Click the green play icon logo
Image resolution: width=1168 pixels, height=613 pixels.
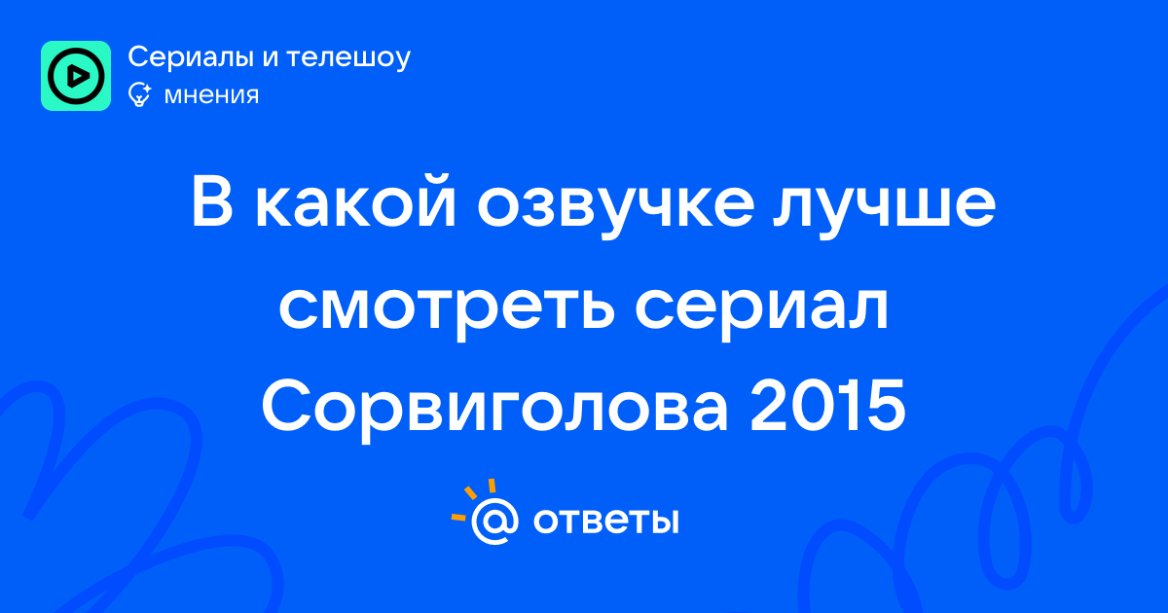(76, 76)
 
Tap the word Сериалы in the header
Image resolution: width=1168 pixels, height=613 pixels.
(192, 57)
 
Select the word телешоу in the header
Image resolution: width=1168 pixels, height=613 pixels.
(348, 58)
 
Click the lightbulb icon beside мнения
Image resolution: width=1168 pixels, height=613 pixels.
(139, 94)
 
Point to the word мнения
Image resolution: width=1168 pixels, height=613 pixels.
(211, 95)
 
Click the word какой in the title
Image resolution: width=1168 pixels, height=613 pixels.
(355, 201)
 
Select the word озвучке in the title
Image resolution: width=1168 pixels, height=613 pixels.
(616, 207)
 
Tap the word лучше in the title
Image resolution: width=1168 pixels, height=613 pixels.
(885, 207)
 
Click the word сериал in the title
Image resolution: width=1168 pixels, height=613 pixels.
(762, 308)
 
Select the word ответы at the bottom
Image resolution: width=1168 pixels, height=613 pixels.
(605, 521)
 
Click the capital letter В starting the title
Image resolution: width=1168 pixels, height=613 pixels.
(212, 201)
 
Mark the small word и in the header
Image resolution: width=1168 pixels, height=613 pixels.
(271, 58)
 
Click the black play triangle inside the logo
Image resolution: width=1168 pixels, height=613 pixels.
(78, 76)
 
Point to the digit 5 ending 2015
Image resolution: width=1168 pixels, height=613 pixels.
(886, 406)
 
